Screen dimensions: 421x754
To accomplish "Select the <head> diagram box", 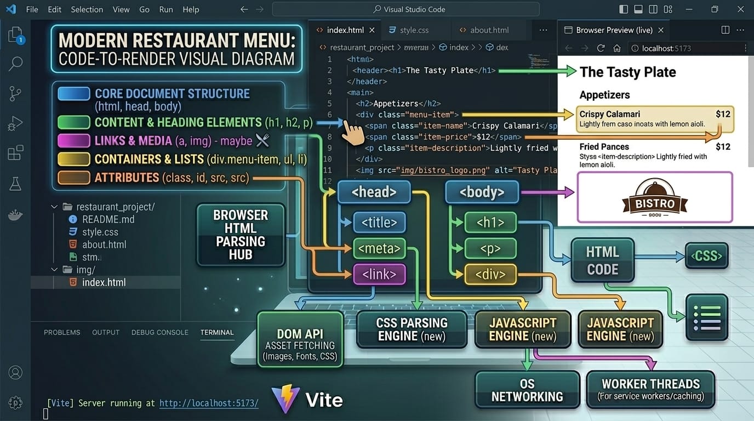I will tap(374, 192).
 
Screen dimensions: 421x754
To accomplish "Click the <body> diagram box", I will tap(482, 192).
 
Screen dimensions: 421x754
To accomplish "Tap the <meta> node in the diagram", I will tap(379, 248).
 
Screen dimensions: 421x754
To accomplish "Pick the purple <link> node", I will tap(379, 274).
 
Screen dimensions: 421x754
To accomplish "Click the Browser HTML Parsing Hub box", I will tap(240, 235).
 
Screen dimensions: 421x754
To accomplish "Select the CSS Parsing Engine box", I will tap(412, 329).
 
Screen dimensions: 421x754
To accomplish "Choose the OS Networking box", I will tap(527, 390).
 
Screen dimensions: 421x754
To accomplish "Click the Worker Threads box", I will tap(650, 389).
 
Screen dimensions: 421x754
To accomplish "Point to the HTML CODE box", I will tap(602, 260).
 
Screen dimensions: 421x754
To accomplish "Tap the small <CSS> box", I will tap(707, 256).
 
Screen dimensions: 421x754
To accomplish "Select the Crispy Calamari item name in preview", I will tap(609, 114).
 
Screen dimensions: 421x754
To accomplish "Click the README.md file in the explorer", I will tap(108, 219).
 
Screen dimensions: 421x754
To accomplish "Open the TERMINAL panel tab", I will tap(217, 332).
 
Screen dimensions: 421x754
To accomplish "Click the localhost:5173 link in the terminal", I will tap(209, 403).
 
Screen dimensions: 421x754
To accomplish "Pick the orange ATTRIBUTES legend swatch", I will tap(73, 178).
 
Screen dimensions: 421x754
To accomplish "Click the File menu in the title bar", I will tap(32, 9).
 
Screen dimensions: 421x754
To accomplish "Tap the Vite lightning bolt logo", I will tap(285, 399).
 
